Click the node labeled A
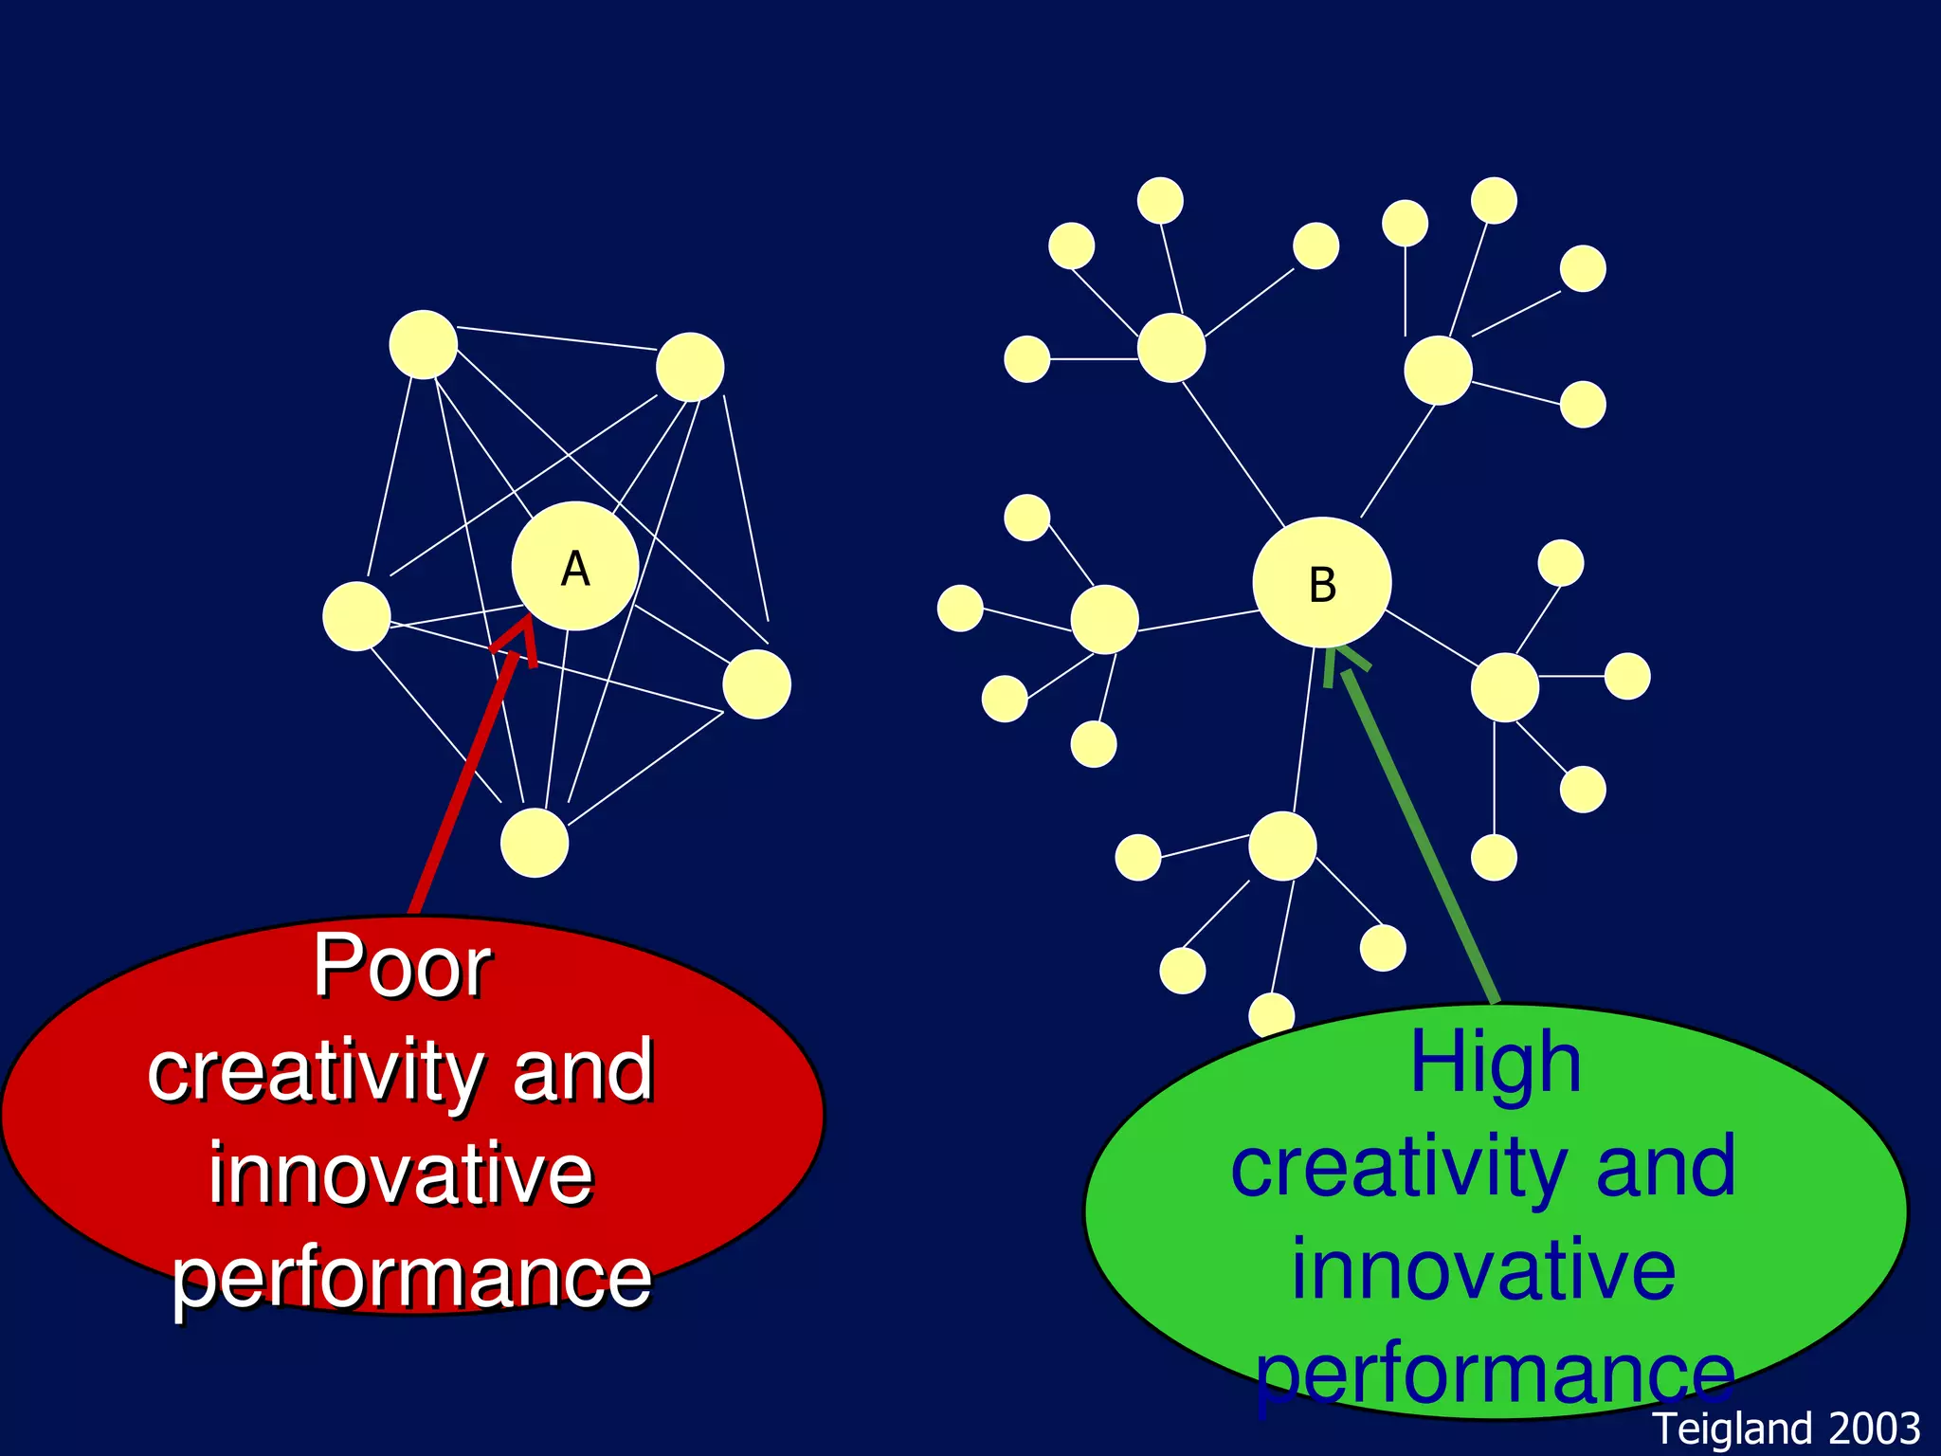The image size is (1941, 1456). click(574, 566)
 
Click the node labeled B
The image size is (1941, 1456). click(1321, 582)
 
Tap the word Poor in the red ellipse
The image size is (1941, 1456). click(402, 966)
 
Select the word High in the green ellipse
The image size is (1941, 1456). click(1496, 1063)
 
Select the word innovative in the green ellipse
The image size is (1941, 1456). click(1484, 1269)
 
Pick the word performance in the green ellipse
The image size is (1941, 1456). click(1496, 1374)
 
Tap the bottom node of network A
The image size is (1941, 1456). click(535, 843)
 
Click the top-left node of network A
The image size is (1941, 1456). click(423, 344)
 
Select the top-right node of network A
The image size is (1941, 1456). click(690, 367)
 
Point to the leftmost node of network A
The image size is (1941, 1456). click(356, 616)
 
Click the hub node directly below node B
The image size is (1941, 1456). click(1282, 846)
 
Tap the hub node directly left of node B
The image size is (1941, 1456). click(1104, 619)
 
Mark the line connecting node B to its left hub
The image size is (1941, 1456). click(1198, 620)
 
